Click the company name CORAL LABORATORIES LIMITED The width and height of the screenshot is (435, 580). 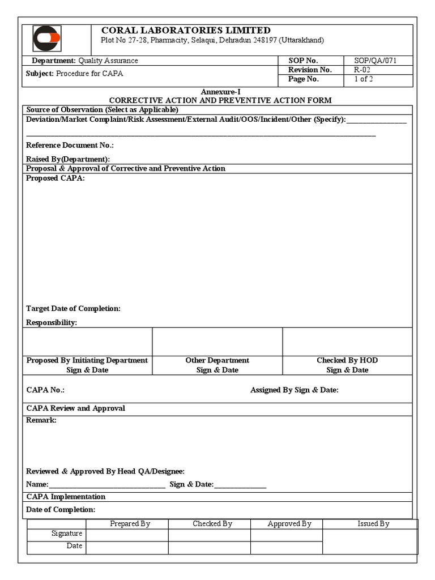tap(185, 30)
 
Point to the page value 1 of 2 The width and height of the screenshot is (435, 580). tap(362, 79)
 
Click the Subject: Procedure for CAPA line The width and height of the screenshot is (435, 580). tap(74, 74)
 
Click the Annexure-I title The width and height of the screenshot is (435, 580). tap(220, 92)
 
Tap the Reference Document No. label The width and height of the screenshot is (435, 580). tap(70, 146)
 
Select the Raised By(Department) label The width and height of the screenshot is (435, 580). tap(68, 159)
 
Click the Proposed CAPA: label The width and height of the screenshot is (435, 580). tap(55, 178)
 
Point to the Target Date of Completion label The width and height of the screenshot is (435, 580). tap(73, 309)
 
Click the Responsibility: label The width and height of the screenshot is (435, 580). tap(52, 323)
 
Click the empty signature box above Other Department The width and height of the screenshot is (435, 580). tap(217, 342)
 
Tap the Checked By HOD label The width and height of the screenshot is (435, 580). tap(347, 360)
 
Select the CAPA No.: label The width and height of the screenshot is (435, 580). tap(45, 390)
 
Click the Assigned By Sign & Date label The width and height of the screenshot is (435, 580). tap(294, 390)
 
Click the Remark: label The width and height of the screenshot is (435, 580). tap(41, 421)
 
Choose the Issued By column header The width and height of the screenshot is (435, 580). tap(373, 524)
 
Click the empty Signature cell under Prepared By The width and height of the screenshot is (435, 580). tap(127, 534)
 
